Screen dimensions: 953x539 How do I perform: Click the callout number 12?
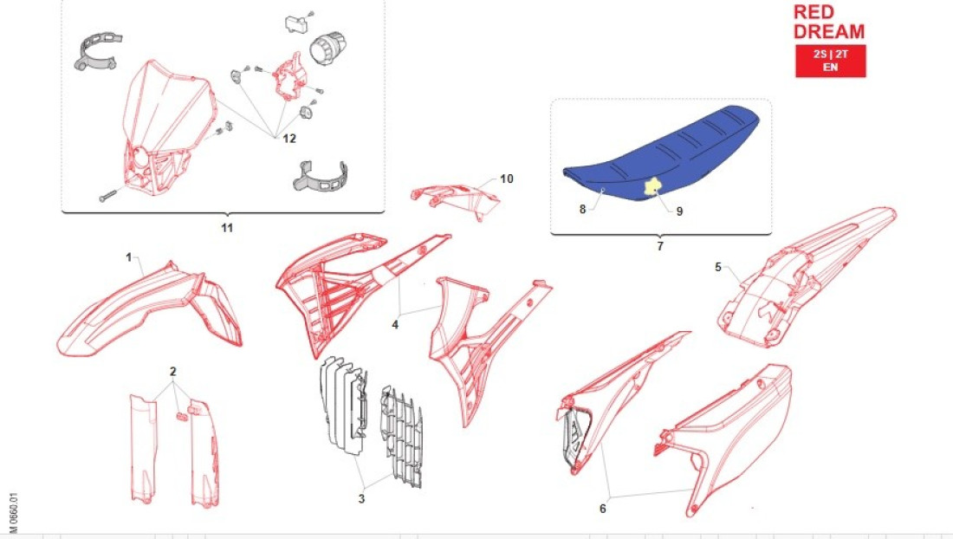point(289,139)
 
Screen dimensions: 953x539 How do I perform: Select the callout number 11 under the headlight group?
point(227,228)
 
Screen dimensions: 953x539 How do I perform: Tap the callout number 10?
point(506,179)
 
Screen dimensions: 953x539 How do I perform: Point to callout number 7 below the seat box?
point(660,246)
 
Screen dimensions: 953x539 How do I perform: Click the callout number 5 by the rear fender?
point(718,267)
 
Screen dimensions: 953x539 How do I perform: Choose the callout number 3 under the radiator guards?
point(361,499)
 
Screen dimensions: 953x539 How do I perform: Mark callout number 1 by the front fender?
point(128,257)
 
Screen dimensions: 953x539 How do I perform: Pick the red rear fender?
point(806,278)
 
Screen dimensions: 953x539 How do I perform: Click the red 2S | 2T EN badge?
point(830,61)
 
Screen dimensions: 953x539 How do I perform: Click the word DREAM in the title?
point(829,31)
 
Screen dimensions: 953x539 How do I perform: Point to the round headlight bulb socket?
point(327,48)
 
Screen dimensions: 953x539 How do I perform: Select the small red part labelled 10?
point(455,197)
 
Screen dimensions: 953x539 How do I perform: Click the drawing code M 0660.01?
point(13,513)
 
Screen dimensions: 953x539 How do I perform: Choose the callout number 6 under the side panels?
point(602,508)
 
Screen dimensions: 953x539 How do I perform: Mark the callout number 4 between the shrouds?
point(395,324)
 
